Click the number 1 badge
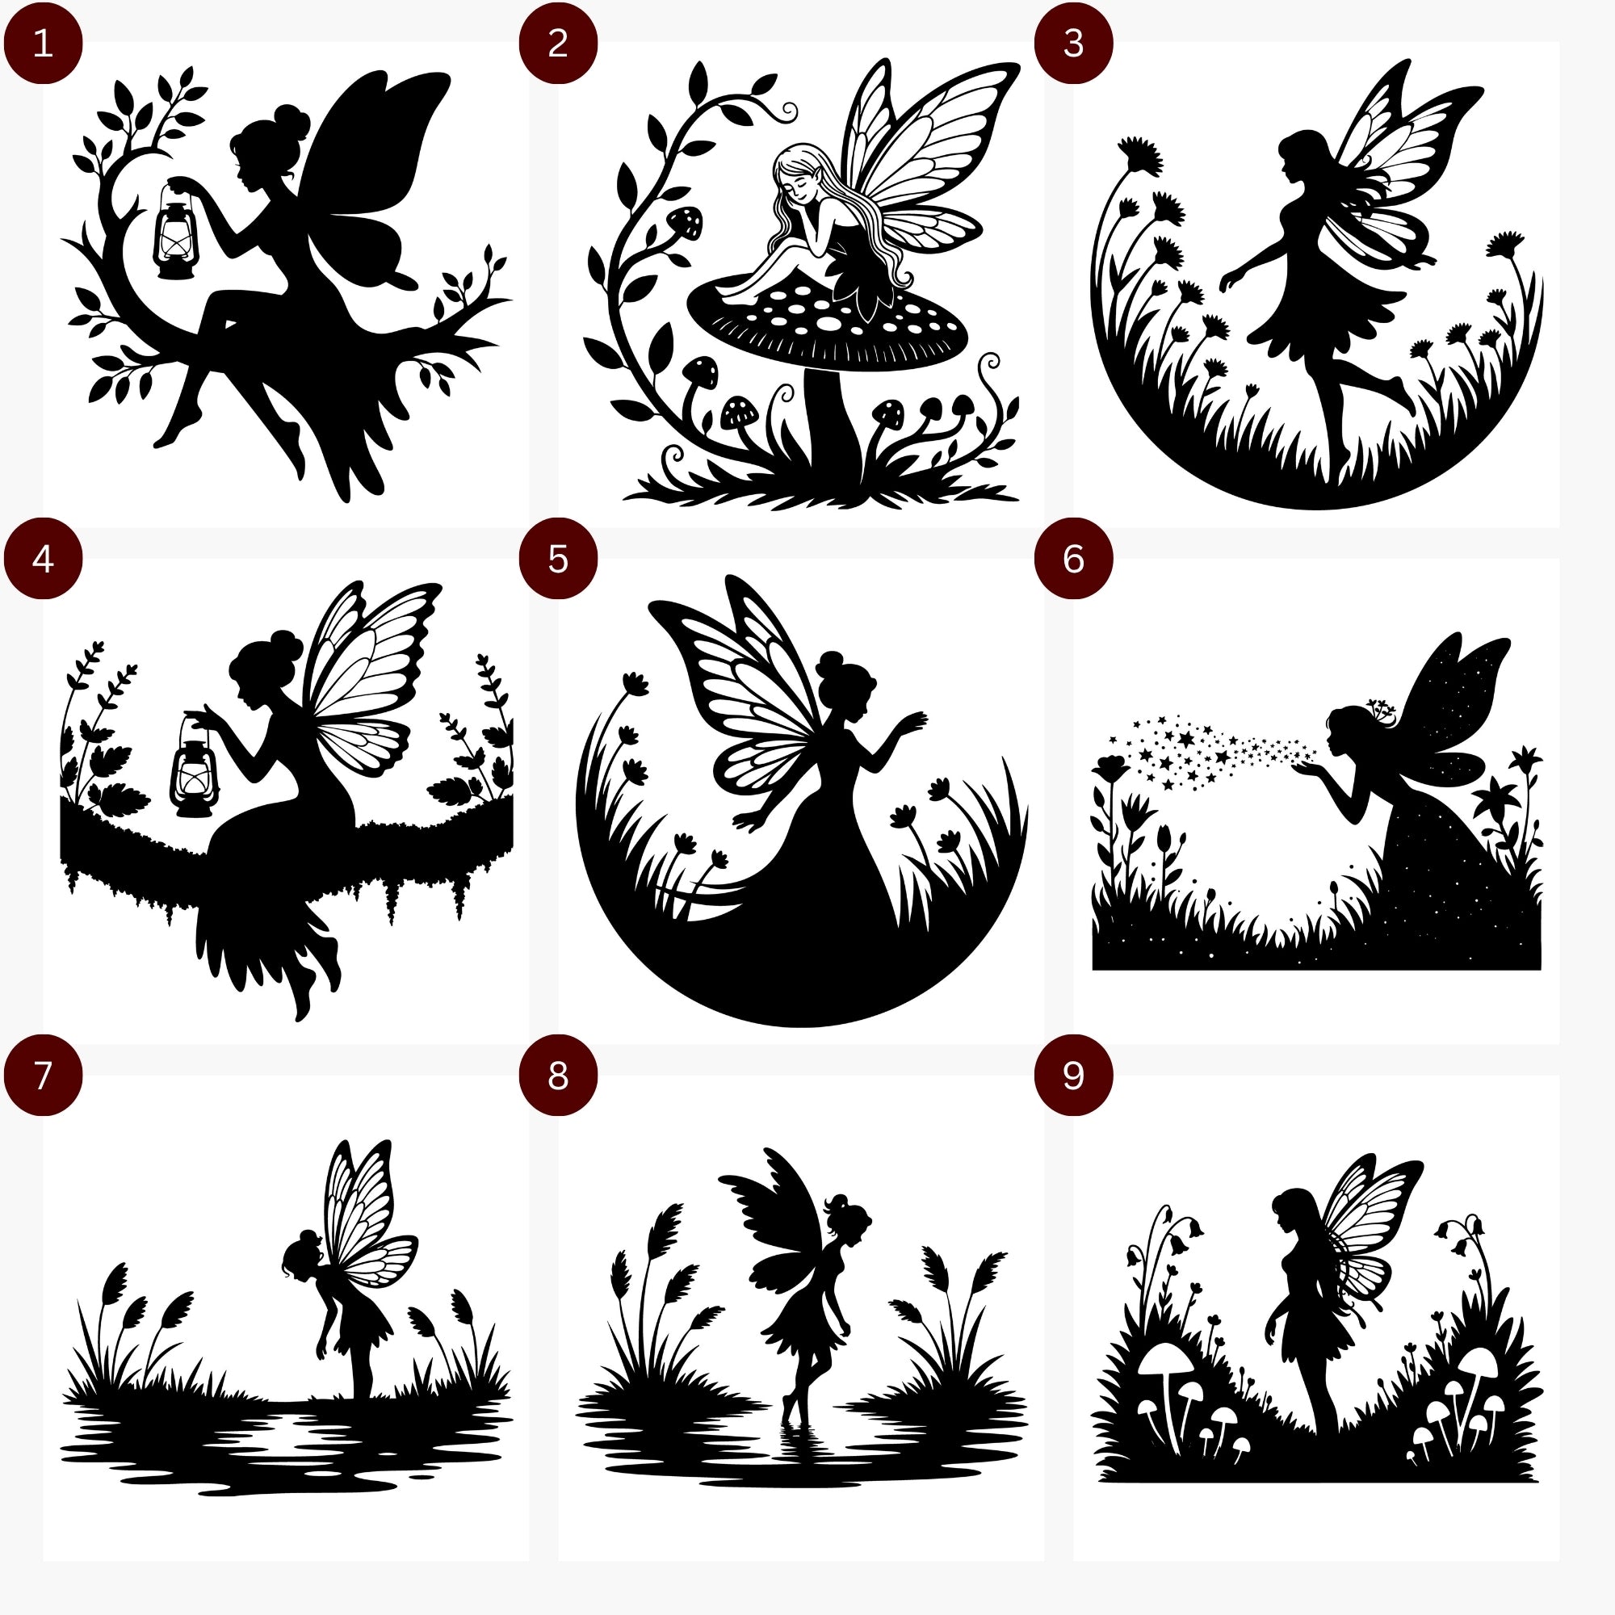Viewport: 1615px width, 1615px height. [43, 44]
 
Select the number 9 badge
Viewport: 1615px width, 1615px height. [1074, 1076]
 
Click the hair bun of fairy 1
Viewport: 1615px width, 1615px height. [288, 116]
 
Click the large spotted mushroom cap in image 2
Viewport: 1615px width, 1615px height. [827, 322]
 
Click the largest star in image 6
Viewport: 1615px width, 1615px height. [1186, 739]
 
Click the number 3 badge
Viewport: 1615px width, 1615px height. [1074, 44]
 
